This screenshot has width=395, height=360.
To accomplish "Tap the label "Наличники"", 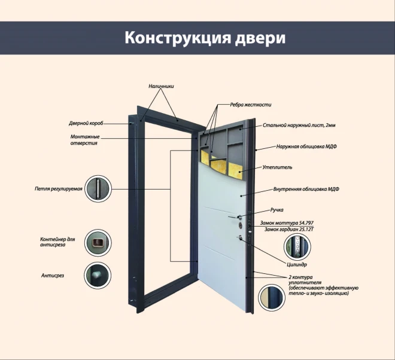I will [x=161, y=86].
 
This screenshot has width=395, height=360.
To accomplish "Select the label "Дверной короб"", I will [x=86, y=124].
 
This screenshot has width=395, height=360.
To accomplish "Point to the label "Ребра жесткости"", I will [x=251, y=105].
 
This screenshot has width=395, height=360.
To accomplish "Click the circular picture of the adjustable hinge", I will [x=97, y=189].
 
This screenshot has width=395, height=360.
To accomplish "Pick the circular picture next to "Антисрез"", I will [x=96, y=275].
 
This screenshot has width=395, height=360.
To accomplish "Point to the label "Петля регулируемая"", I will [x=58, y=189].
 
